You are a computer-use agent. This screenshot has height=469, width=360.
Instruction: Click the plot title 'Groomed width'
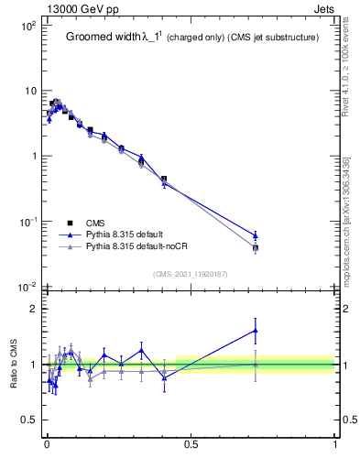pyautogui.click(x=103, y=38)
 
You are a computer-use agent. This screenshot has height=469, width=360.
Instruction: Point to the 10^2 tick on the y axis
pyautogui.click(x=26, y=26)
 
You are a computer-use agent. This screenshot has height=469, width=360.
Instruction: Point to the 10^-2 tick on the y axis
pyautogui.click(x=25, y=287)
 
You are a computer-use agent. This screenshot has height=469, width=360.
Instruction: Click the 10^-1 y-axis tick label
pyautogui.click(x=25, y=222)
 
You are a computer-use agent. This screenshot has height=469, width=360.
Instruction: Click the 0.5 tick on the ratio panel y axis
pyautogui.click(x=29, y=420)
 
